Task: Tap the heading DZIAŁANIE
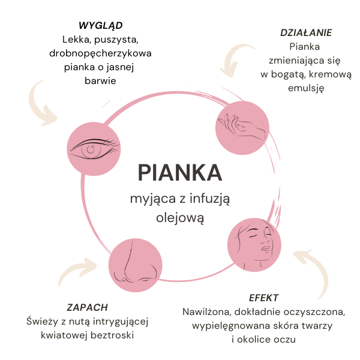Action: (306, 32)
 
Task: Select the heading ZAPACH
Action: (88, 307)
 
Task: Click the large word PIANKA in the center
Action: (180, 172)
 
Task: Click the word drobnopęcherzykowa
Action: (101, 53)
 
